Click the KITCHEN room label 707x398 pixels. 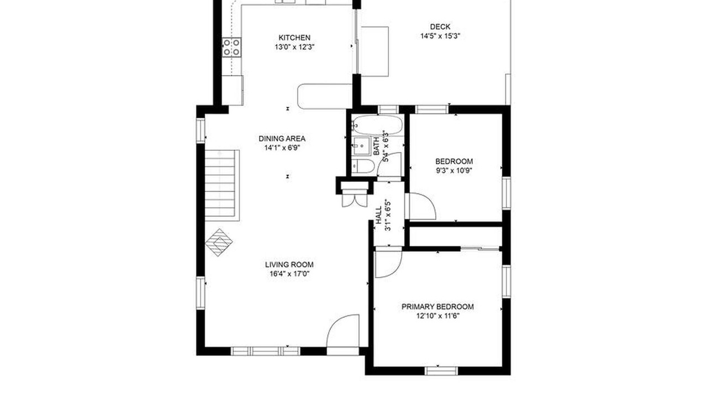tap(294, 38)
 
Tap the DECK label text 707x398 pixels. tap(440, 27)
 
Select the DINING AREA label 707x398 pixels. tap(282, 139)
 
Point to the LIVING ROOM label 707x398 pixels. tap(289, 265)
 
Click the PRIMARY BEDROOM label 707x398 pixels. tap(437, 307)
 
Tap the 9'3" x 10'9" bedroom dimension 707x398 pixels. tap(454, 171)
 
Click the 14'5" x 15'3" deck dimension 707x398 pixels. tap(440, 36)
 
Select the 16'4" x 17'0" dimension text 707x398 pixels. tap(289, 274)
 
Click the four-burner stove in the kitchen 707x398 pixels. tap(231, 48)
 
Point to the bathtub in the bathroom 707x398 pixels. tap(377, 125)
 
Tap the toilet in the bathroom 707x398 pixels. tap(363, 166)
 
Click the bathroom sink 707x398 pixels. tap(361, 146)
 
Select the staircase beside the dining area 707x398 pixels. tap(222, 185)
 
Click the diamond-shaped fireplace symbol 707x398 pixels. tap(219, 243)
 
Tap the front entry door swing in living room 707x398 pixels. tap(343, 331)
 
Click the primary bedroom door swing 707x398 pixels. tap(388, 263)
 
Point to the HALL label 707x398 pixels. tap(378, 215)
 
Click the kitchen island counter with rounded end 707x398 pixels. tap(325, 96)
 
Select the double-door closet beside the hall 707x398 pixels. tap(355, 198)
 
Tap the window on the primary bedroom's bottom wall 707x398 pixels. tap(441, 371)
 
